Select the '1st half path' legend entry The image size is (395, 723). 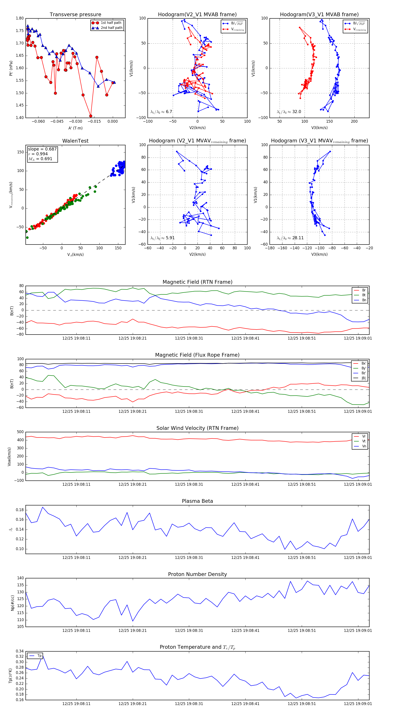click(111, 23)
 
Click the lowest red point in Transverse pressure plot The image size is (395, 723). click(91, 116)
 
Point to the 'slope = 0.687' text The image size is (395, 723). click(42, 149)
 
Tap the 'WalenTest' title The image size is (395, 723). click(75, 141)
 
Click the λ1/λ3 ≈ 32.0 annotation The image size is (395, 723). click(289, 112)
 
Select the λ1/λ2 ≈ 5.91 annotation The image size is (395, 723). click(162, 238)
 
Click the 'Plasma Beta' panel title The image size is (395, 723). click(197, 501)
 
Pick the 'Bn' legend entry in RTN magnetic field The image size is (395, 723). click(364, 300)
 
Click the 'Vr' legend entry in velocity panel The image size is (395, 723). click(364, 436)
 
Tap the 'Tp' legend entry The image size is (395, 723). click(39, 656)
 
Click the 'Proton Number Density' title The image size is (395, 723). click(197, 574)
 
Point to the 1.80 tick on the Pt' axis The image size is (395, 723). click(20, 18)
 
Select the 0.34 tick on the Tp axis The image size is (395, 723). click(20, 651)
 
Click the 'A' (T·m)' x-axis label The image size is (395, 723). click(75, 128)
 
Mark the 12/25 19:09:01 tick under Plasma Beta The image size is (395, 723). click(358, 557)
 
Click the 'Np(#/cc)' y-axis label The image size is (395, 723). click(12, 603)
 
